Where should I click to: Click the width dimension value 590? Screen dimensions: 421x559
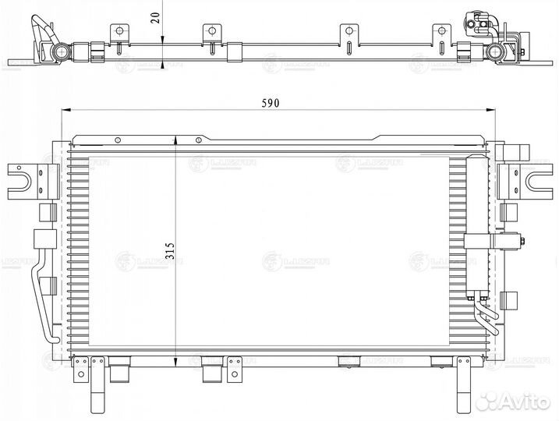[x=270, y=103]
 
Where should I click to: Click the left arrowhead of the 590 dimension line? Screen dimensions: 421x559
[x=65, y=111]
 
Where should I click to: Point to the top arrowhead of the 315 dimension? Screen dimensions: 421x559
[x=176, y=139]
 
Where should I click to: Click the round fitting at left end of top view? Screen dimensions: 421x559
[x=59, y=52]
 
